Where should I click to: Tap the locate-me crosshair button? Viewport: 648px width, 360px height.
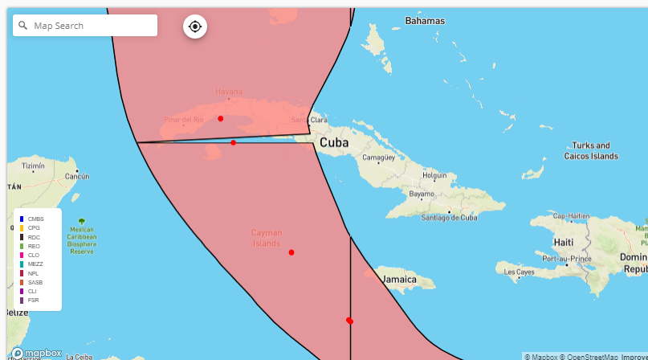(195, 27)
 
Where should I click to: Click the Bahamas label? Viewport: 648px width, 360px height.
(425, 20)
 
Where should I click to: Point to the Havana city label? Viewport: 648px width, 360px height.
(228, 92)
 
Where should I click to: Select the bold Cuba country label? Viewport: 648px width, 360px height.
(336, 143)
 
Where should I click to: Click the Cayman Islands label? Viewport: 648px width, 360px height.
(267, 238)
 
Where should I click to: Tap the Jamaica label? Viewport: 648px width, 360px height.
(399, 280)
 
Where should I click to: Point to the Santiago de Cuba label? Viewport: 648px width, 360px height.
(450, 217)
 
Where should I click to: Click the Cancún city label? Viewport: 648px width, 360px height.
(76, 176)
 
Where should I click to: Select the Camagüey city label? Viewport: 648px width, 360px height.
(380, 158)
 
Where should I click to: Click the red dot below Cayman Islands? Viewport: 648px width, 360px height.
(291, 253)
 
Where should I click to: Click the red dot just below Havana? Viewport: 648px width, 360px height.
(221, 119)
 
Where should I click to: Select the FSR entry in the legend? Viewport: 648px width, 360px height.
(33, 301)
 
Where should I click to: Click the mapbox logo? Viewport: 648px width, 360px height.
(37, 353)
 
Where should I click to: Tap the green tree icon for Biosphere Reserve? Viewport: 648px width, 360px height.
(81, 221)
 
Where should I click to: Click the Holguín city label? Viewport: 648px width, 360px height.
(434, 174)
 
